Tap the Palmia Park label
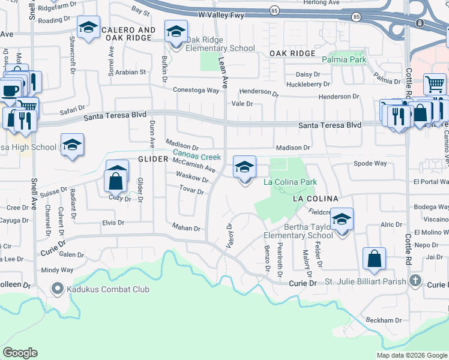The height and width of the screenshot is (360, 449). pyautogui.click(x=344, y=60)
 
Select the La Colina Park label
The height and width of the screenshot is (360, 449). pyautogui.click(x=290, y=182)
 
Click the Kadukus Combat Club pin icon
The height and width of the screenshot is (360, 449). pyautogui.click(x=58, y=289)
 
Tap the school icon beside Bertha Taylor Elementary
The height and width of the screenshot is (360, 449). pyautogui.click(x=342, y=220)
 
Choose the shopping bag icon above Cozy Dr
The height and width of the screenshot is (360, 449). pyautogui.click(x=114, y=179)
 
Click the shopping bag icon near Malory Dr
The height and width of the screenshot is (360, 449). pyautogui.click(x=374, y=259)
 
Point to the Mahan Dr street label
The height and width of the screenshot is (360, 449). pyautogui.click(x=185, y=228)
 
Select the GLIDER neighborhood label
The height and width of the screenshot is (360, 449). pyautogui.click(x=155, y=159)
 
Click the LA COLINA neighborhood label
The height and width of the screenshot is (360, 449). pyautogui.click(x=315, y=198)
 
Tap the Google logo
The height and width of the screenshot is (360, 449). pyautogui.click(x=20, y=353)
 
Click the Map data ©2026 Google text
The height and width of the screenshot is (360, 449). pyautogui.click(x=411, y=355)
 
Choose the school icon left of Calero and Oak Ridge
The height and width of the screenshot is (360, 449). pyautogui.click(x=88, y=27)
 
